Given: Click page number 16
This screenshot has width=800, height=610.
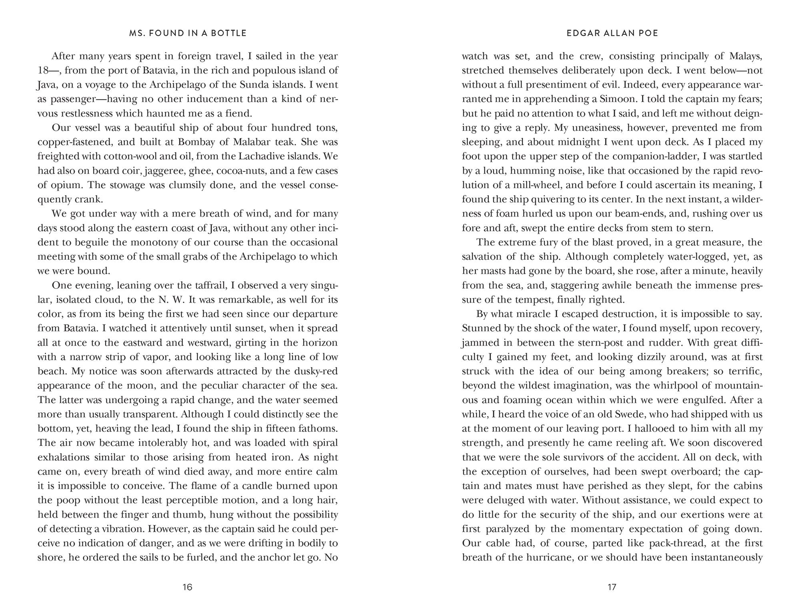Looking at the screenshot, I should [x=187, y=587].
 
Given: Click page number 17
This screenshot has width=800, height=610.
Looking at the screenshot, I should [x=612, y=587].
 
